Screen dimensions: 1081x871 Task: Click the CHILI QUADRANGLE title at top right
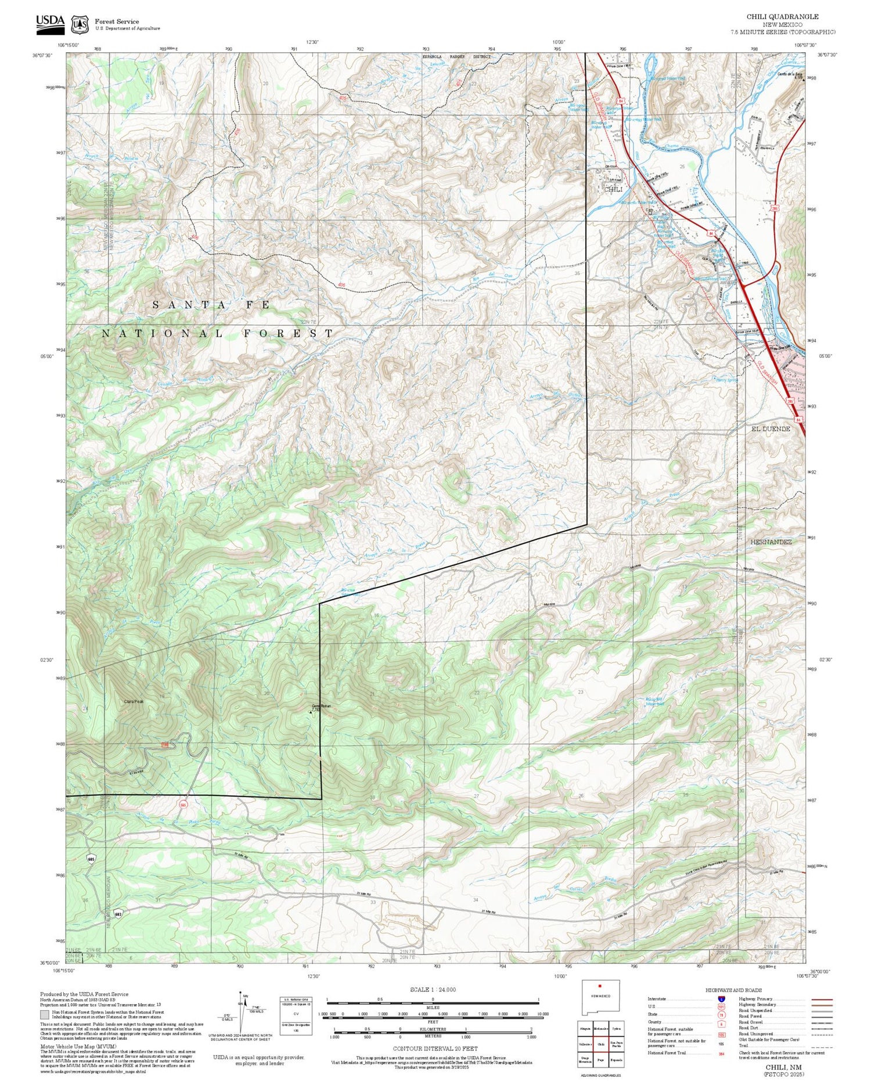[x=790, y=17]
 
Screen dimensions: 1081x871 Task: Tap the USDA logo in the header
[x=51, y=21]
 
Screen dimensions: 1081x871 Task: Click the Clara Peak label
[x=133, y=701]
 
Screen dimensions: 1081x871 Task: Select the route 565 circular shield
[x=183, y=805]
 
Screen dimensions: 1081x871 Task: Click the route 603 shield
[x=118, y=913]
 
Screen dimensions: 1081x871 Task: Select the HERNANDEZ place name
[x=771, y=541]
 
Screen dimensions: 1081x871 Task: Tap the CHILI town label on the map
[x=613, y=189]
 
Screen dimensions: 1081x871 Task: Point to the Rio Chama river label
[x=665, y=146]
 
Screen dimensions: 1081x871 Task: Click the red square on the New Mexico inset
[x=600, y=986]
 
